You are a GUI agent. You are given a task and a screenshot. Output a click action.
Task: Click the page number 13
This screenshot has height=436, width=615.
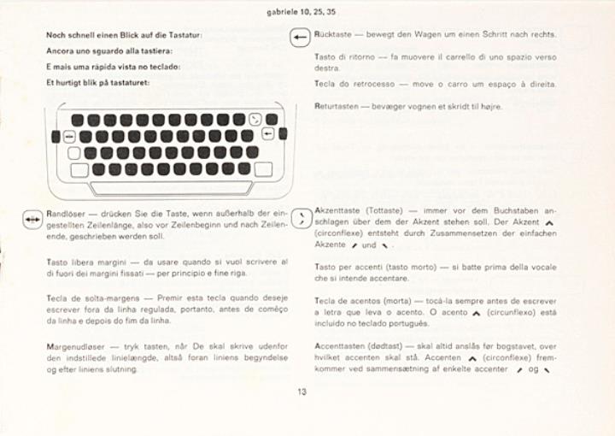point(302,392)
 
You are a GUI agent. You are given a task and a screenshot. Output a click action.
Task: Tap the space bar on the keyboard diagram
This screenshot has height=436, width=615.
point(172,187)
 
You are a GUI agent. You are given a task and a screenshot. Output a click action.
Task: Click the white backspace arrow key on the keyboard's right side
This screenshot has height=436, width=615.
point(267,134)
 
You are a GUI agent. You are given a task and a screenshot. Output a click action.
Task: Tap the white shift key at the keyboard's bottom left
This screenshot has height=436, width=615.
point(79,169)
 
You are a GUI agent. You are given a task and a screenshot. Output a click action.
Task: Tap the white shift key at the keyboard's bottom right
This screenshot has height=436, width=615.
point(263,169)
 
